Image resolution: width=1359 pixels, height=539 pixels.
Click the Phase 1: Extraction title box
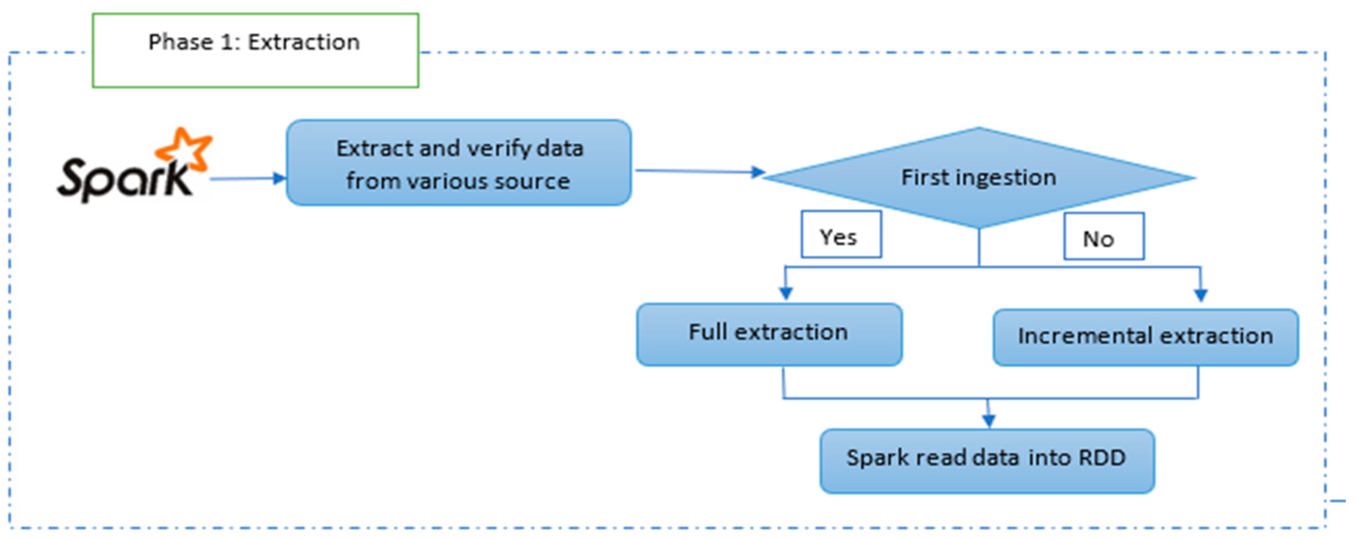pos(255,50)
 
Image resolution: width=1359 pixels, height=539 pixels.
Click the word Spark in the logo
pos(124,179)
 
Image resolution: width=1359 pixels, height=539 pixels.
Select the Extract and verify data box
pos(459,163)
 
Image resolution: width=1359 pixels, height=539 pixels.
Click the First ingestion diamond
pos(979,177)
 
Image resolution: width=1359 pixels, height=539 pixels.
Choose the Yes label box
pos(841,235)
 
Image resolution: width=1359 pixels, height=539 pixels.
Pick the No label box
pos(1104,236)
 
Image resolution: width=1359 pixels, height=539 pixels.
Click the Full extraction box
pos(769,334)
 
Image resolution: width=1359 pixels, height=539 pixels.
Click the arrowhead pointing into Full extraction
pos(785,293)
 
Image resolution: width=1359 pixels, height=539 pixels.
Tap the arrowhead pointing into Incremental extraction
pos(1201,295)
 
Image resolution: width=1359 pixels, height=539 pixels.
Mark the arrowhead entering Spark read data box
pos(989,420)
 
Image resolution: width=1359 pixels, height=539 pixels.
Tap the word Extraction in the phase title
pos(304,42)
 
